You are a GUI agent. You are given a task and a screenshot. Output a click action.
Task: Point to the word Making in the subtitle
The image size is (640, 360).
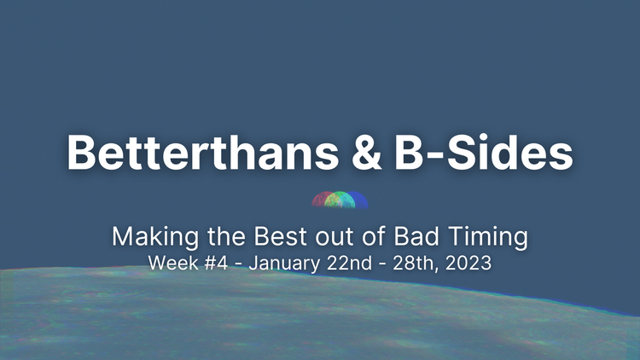click(145, 235)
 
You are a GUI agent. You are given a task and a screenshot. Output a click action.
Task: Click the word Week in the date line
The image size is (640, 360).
click(171, 263)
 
